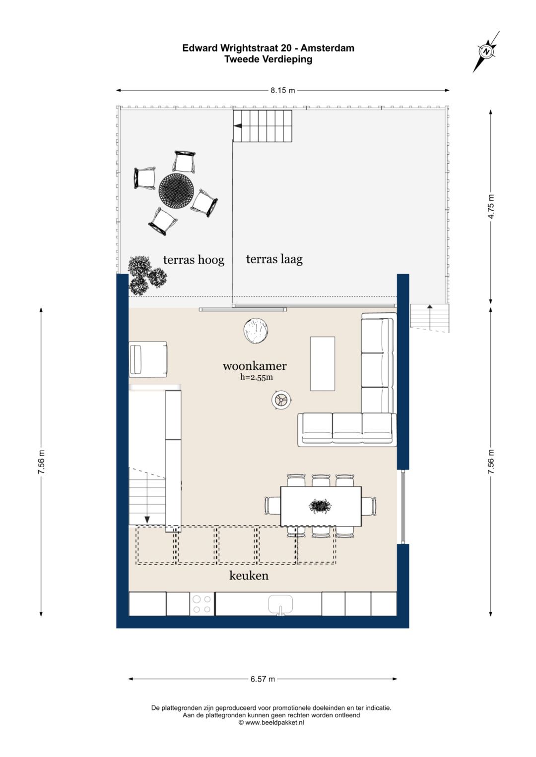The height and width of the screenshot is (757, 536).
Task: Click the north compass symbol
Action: tap(486, 52)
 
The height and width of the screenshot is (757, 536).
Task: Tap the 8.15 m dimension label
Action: tap(282, 90)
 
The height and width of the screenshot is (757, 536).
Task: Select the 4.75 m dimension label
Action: tap(491, 207)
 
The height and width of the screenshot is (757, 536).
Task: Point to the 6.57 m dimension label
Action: tap(263, 679)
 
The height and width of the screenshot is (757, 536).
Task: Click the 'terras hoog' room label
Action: tap(194, 260)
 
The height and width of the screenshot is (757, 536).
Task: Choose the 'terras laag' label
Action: tap(274, 259)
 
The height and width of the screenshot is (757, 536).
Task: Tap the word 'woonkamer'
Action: tap(255, 366)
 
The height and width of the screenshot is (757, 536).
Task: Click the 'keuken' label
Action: tap(249, 575)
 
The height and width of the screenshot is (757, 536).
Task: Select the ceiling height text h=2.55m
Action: tap(257, 377)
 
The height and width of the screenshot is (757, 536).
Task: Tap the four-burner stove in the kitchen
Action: tap(201, 604)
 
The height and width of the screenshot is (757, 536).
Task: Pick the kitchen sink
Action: tap(280, 604)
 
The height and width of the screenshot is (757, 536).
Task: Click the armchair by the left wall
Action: tap(148, 359)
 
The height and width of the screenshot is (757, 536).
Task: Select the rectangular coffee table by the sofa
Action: tap(323, 364)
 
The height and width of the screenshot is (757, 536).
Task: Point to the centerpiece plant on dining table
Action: tap(320, 506)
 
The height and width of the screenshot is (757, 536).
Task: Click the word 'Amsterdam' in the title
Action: tap(328, 48)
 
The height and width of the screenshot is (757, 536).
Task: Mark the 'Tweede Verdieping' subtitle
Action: tap(268, 59)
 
